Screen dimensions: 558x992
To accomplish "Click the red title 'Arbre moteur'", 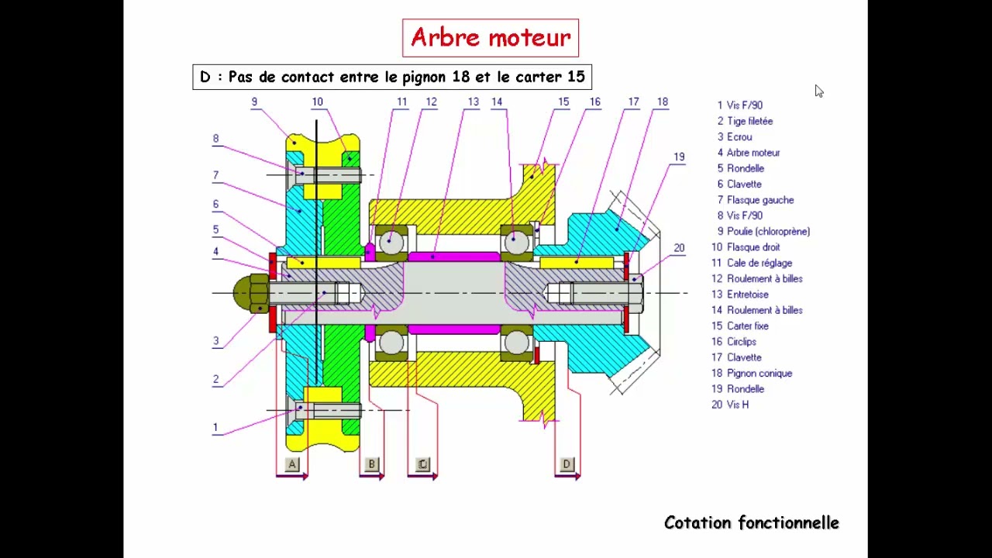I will pos(490,37).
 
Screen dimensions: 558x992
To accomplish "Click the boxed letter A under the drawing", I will pos(292,464).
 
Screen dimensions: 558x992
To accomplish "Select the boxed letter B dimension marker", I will pos(371,464).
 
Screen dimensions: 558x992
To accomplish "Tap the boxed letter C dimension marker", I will pos(422,464).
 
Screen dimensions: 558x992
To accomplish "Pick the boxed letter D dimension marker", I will pos(567,464).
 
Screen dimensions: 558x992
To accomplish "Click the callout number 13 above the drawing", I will pos(473,102).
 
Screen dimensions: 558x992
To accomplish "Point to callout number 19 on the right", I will pos(679,157).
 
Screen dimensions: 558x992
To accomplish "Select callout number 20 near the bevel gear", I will pos(679,248).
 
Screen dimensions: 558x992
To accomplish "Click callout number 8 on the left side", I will pos(215,139).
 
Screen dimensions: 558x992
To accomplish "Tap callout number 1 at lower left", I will pos(215,427).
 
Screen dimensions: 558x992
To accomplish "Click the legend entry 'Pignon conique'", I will pos(759,373).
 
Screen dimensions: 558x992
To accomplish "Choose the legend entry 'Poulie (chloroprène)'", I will pos(768,231).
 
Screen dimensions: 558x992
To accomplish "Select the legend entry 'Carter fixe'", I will pos(747,325).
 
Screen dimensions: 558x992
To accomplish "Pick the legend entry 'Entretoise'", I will pos(747,294).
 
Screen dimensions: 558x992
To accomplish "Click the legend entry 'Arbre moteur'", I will pos(753,153).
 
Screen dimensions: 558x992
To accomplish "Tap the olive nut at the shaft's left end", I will pos(250,293).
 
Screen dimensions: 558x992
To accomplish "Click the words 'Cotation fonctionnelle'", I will pos(751,523).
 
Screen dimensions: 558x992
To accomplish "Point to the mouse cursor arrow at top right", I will pos(818,91).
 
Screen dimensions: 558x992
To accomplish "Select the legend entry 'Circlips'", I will pos(741,342).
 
